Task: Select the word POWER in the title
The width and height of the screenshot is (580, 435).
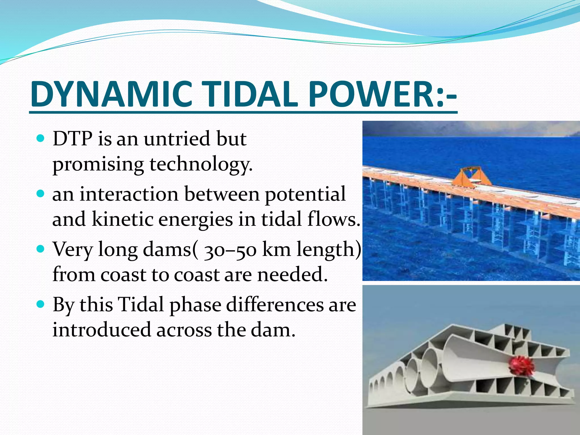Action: coord(371,94)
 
